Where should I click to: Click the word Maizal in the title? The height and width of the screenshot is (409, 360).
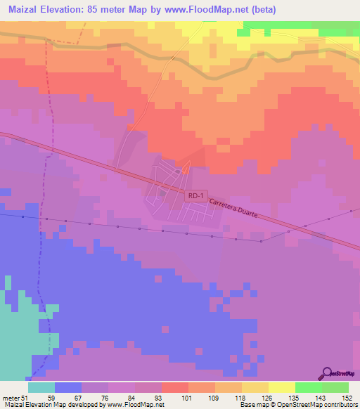[24, 10]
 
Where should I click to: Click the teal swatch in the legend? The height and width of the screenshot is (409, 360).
[41, 387]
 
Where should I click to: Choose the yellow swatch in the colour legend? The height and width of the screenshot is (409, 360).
[282, 387]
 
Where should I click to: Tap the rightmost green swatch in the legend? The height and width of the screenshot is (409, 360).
[335, 387]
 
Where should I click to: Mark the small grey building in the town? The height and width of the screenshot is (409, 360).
[162, 193]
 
